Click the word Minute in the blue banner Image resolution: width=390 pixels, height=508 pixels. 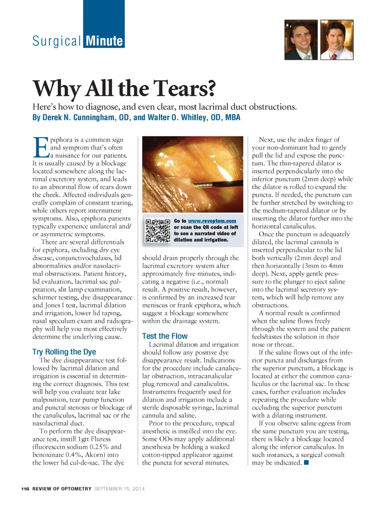pyautogui.click(x=104, y=41)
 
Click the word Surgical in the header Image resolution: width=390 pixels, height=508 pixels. pyautogui.click(x=57, y=41)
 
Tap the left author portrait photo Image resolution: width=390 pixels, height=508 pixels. pyautogui.click(x=301, y=40)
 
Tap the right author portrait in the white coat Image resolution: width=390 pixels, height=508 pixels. pyautogui.click(x=337, y=40)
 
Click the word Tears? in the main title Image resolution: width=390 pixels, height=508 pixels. pyautogui.click(x=185, y=88)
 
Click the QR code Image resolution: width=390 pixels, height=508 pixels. pyautogui.click(x=158, y=231)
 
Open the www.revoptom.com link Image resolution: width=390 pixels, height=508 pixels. pyautogui.click(x=212, y=221)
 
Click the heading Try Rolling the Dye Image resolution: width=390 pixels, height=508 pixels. pyautogui.click(x=64, y=352)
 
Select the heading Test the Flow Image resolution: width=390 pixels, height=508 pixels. pyautogui.click(x=165, y=336)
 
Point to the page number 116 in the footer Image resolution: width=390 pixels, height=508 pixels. pyautogui.click(x=25, y=489)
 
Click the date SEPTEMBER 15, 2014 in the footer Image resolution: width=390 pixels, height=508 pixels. pyautogui.click(x=120, y=489)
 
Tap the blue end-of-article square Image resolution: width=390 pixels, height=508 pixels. pyautogui.click(x=306, y=463)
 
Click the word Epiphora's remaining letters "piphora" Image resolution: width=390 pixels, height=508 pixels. pyautogui.click(x=62, y=140)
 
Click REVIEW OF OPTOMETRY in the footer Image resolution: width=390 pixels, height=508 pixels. pyautogui.click(x=62, y=489)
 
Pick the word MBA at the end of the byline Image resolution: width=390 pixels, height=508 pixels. pyautogui.click(x=233, y=117)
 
